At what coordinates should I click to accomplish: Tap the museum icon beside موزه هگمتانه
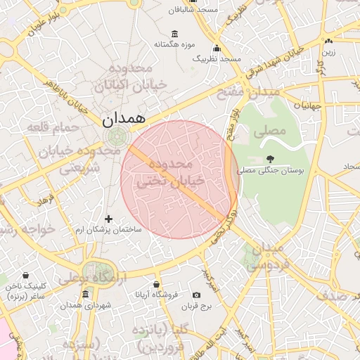[174, 34]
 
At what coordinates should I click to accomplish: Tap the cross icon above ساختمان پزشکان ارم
[108, 219]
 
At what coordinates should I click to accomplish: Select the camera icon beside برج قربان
[196, 295]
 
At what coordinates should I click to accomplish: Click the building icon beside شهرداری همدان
[86, 294]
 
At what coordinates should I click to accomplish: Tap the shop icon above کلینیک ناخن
[26, 276]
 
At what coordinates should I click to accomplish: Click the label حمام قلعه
[49, 127]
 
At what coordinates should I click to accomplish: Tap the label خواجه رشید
[21, 230]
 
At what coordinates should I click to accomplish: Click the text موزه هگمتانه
[174, 45]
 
